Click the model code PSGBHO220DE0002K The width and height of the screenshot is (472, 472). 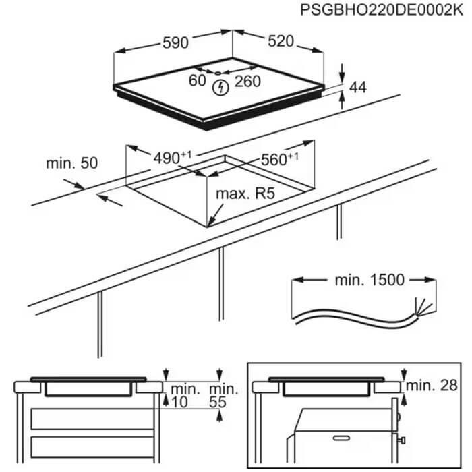pyautogui.click(x=382, y=10)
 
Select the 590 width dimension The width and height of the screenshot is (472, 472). pyautogui.click(x=175, y=42)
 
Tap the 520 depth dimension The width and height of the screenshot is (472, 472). pyautogui.click(x=281, y=41)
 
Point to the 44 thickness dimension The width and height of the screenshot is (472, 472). pyautogui.click(x=357, y=87)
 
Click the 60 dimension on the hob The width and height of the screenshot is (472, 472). pyautogui.click(x=198, y=80)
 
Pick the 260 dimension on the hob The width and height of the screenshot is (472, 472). pyautogui.click(x=247, y=82)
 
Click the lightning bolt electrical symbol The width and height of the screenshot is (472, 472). pyautogui.click(x=220, y=88)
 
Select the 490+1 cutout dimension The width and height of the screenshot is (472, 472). pyautogui.click(x=172, y=158)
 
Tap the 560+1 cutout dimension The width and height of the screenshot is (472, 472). pyautogui.click(x=280, y=159)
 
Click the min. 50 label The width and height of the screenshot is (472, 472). pyautogui.click(x=72, y=163)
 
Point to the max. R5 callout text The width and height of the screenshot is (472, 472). pyautogui.click(x=245, y=194)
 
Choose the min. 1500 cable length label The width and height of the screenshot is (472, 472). pyautogui.click(x=370, y=280)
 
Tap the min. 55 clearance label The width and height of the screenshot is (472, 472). pyautogui.click(x=223, y=396)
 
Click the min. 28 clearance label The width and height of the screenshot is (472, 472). pyautogui.click(x=432, y=386)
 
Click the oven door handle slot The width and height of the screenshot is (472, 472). pyautogui.click(x=341, y=438)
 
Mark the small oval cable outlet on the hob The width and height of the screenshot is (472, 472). pyautogui.click(x=218, y=73)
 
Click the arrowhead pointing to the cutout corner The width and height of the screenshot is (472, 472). pyautogui.click(x=210, y=222)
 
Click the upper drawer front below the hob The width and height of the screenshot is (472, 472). pyautogui.click(x=92, y=419)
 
